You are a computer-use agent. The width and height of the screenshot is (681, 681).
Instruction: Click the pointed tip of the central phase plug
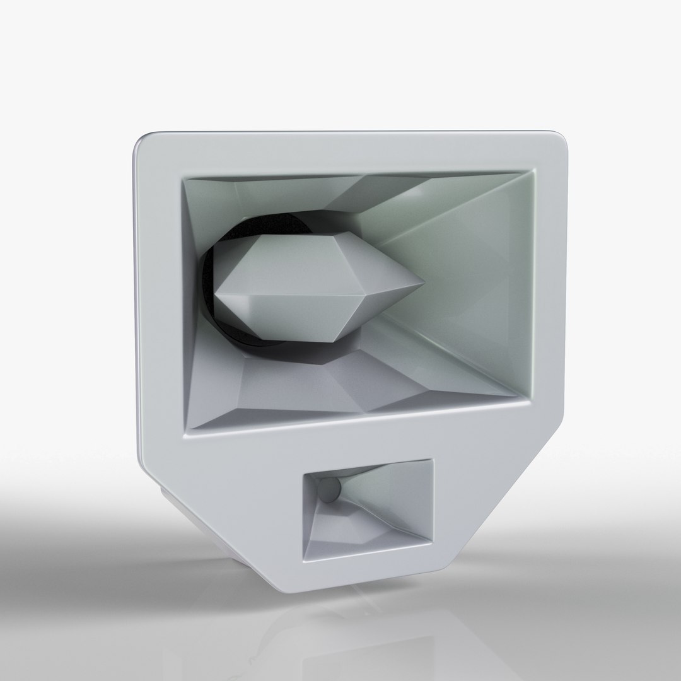(421, 284)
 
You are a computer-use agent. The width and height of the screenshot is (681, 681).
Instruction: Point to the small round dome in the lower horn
(329, 489)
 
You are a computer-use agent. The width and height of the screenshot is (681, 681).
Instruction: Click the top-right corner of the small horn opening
(433, 460)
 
